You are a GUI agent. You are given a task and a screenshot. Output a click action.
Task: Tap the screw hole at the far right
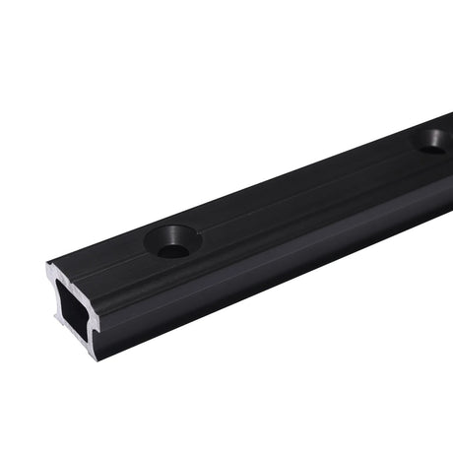tap(431, 140)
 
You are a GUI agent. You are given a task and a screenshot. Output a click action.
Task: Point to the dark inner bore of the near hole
tap(173, 249)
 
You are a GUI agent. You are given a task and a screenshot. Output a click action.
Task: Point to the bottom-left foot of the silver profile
tap(56, 320)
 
